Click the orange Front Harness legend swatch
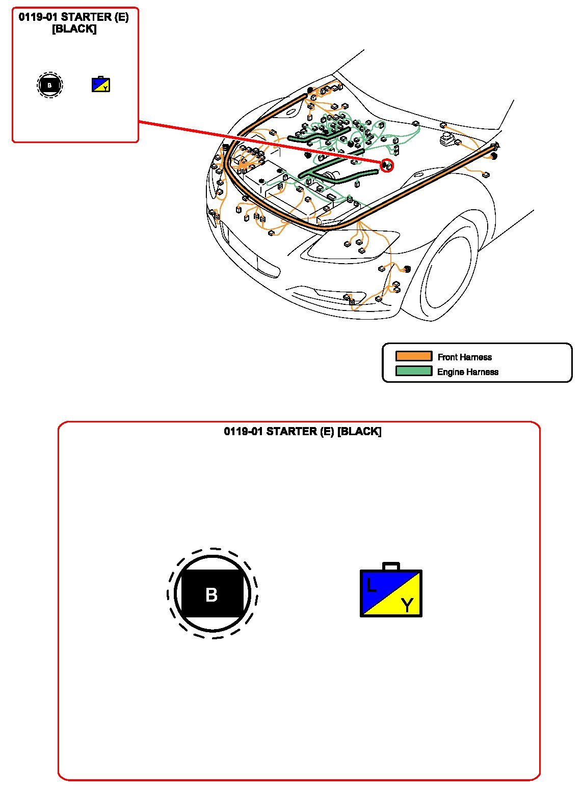click(x=413, y=356)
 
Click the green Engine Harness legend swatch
click(x=413, y=371)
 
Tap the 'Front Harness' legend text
click(x=464, y=357)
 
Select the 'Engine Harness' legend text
click(x=468, y=372)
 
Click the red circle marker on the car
click(x=387, y=165)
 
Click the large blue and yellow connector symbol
click(x=391, y=590)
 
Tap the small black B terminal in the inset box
click(x=49, y=85)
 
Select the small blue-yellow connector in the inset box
click(x=101, y=84)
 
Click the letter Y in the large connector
click(x=407, y=605)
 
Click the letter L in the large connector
click(x=371, y=585)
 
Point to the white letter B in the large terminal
click(x=211, y=594)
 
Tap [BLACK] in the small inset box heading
click(x=74, y=29)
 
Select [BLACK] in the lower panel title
click(x=359, y=432)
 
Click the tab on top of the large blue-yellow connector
click(x=391, y=566)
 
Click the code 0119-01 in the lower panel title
click(x=244, y=432)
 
